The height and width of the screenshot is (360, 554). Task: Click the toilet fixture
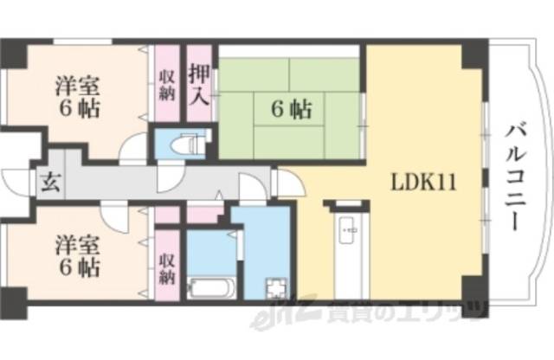181,143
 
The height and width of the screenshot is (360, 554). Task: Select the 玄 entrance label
47,183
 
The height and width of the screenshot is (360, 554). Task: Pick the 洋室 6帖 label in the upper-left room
77,97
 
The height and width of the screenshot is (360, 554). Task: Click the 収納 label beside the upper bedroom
166,85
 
